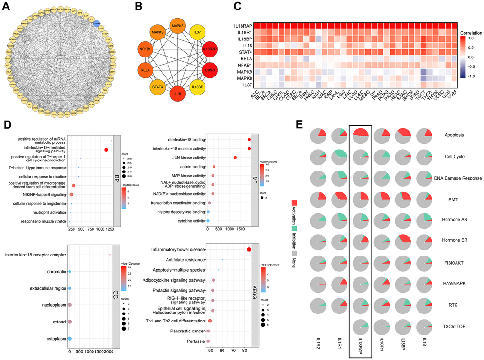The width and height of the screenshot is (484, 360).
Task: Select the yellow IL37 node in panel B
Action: pyautogui.click(x=196, y=33)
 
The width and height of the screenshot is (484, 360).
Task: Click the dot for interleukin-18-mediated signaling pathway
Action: pyautogui.click(x=106, y=150)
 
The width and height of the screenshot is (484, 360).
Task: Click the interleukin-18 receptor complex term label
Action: pyautogui.click(x=36, y=255)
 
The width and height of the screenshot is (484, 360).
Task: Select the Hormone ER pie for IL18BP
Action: pyautogui.click(x=402, y=242)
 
